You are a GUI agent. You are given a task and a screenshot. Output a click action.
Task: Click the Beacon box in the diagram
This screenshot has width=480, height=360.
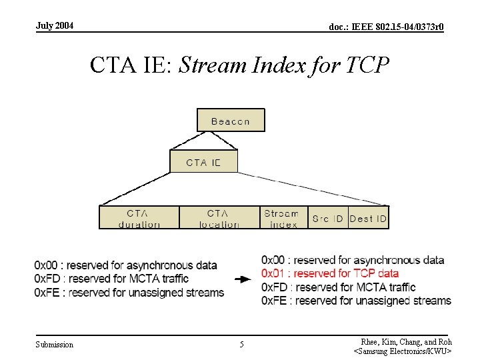coord(231,121)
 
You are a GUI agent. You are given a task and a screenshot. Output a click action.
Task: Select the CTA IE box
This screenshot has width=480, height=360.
coord(203,162)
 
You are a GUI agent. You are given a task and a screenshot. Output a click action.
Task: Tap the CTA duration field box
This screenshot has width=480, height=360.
coord(139,218)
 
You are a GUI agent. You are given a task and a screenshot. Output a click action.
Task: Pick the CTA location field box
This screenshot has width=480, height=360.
coord(219,218)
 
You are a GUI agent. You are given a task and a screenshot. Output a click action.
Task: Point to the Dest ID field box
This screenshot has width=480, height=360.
coord(368,218)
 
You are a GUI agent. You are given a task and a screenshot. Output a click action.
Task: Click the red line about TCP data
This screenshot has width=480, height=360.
coord(330,273)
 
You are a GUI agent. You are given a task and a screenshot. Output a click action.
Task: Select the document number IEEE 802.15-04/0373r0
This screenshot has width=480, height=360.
coord(387,27)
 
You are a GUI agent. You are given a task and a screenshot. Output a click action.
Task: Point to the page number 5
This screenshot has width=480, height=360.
coord(241,345)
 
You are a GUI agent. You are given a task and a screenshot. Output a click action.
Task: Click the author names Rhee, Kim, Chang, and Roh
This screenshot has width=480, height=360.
coord(406,341)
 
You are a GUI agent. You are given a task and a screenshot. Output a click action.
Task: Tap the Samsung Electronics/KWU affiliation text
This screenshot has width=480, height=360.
coord(403,351)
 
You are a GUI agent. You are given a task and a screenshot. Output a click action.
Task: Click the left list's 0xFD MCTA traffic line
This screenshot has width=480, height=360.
coord(111,279)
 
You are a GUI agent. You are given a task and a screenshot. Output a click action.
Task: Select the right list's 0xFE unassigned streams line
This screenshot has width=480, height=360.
coord(356,301)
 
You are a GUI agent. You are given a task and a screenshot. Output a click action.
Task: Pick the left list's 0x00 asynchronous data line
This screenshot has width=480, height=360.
coord(125,265)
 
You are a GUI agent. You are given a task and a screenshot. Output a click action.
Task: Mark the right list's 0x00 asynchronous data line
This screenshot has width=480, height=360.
coord(353,260)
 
